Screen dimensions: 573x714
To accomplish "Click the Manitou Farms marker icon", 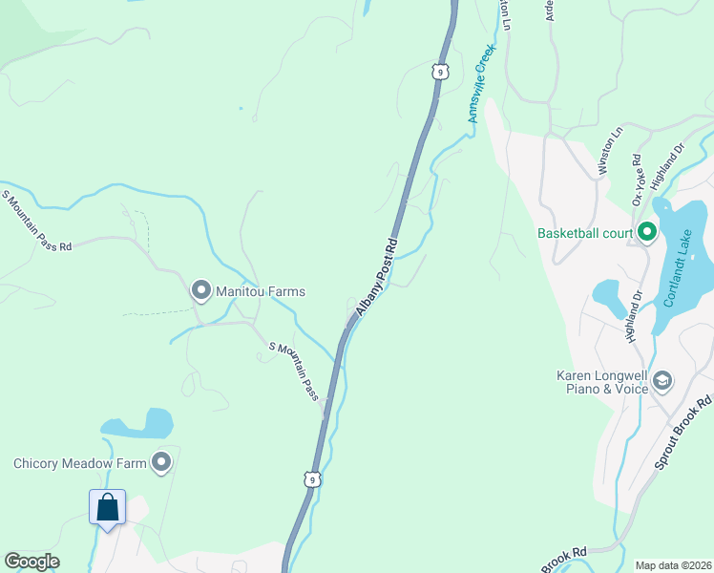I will click(x=200, y=289).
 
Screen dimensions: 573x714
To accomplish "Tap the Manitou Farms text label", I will click(x=259, y=290).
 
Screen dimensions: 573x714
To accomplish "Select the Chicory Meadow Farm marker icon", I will click(x=161, y=463).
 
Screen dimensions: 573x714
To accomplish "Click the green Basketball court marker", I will click(x=646, y=232).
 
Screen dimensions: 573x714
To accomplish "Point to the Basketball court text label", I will click(x=584, y=232).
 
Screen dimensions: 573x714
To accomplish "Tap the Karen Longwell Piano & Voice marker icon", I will click(x=663, y=382).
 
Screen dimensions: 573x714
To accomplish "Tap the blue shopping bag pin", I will click(x=108, y=507).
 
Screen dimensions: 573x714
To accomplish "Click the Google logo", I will click(x=31, y=562).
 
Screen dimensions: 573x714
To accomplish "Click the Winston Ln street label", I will click(x=610, y=151).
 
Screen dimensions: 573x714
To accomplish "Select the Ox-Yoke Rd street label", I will click(x=639, y=179).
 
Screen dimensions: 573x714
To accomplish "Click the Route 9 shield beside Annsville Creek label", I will click(x=439, y=72).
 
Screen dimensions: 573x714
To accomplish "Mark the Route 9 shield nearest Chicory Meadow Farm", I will click(x=311, y=479).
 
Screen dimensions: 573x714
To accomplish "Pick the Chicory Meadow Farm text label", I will click(x=80, y=464).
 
